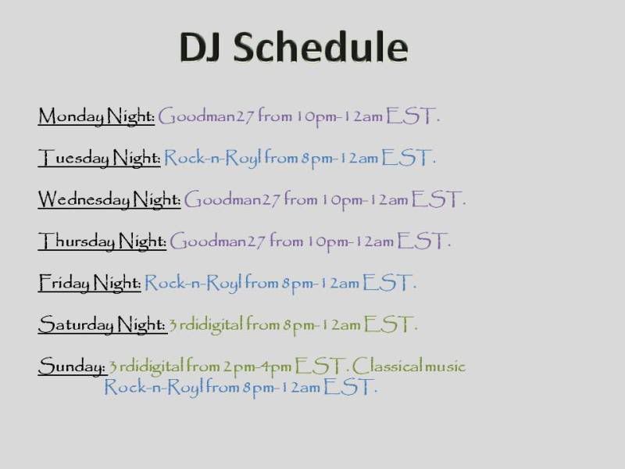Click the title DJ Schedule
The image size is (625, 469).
tap(294, 47)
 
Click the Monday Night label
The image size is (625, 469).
tap(96, 116)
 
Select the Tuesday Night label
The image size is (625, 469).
tap(99, 158)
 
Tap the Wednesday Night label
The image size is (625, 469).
tap(109, 199)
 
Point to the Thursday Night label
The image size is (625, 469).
tap(102, 242)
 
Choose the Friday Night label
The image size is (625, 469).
tap(90, 283)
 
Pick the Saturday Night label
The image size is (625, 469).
tap(102, 324)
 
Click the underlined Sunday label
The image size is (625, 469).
tap(73, 366)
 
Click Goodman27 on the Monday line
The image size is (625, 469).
tap(205, 116)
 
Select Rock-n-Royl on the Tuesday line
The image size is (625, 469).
tap(212, 158)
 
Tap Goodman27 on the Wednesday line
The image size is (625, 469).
tap(232, 199)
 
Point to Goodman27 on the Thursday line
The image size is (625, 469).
tap(217, 242)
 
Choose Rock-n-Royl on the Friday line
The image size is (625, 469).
tap(193, 283)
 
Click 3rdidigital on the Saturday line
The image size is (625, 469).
tap(205, 324)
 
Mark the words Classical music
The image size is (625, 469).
tap(409, 366)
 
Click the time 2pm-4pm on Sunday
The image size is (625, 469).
tap(257, 367)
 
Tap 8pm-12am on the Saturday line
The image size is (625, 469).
tap(322, 325)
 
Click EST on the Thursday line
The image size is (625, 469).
tap(421, 241)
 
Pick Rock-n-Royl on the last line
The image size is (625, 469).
tap(153, 387)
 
